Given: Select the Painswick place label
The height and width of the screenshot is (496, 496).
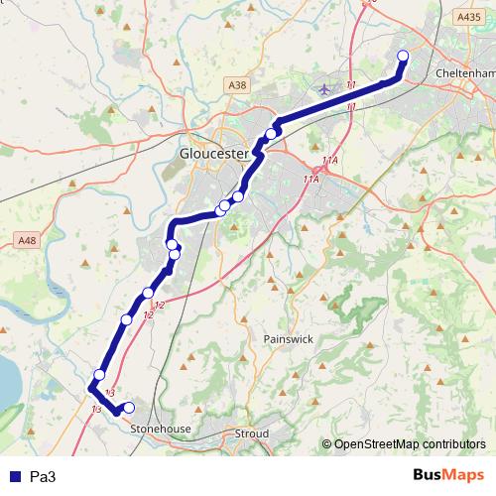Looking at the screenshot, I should (290, 338).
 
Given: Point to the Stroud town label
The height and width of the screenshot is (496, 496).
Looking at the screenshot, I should (252, 434).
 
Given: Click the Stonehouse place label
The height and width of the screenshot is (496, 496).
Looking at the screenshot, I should (161, 429).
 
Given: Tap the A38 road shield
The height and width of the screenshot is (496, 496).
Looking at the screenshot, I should (237, 86).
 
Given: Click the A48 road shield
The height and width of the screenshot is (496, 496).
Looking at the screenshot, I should (26, 239).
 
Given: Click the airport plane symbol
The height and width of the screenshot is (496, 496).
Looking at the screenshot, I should (324, 90).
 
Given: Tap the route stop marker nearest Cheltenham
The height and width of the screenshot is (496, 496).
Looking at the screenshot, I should (403, 56).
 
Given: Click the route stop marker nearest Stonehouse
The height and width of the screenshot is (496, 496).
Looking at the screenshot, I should (128, 408).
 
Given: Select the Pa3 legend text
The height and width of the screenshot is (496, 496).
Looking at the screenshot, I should (43, 477).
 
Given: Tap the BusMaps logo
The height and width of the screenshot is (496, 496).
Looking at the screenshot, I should (447, 476).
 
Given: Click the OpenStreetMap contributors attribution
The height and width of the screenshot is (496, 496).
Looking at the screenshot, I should (409, 443).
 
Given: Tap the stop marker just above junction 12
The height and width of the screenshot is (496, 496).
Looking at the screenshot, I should (148, 293).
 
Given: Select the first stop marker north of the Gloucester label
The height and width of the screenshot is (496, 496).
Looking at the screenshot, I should (271, 134).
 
